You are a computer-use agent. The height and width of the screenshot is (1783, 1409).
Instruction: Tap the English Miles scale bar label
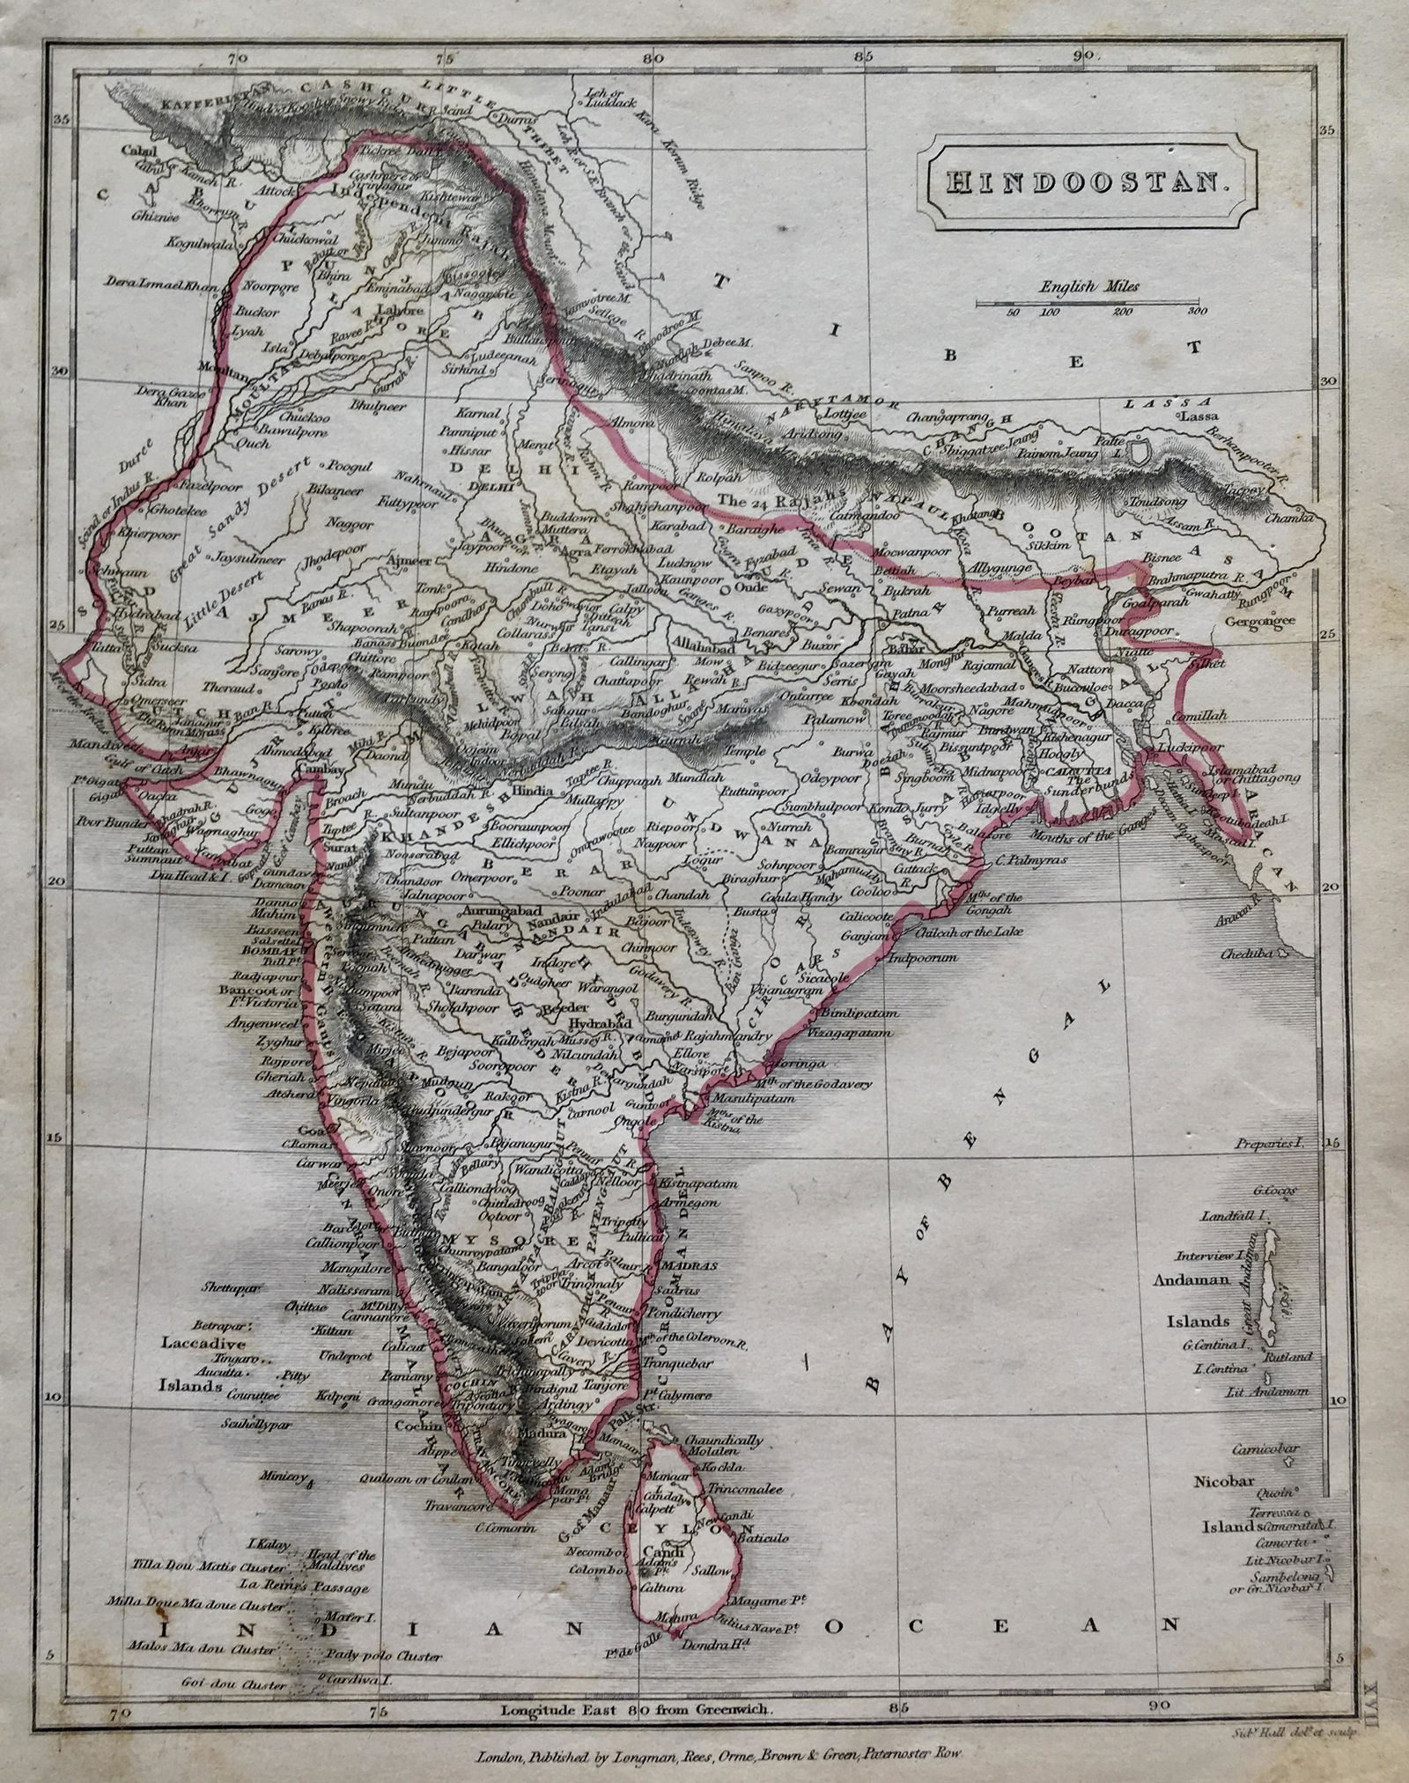(1088, 286)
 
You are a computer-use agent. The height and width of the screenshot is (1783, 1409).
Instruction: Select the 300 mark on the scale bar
(1194, 312)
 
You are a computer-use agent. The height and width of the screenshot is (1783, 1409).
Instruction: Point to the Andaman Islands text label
(1190, 1281)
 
